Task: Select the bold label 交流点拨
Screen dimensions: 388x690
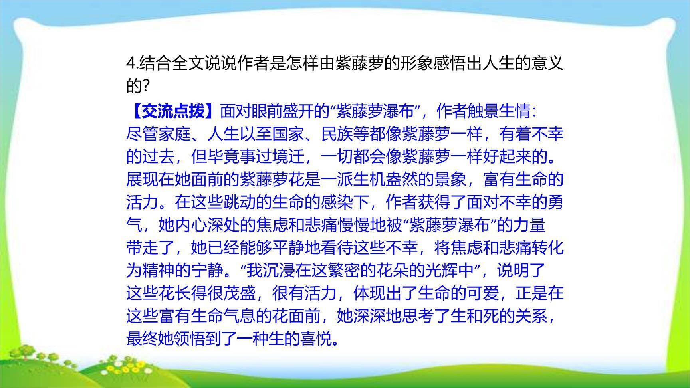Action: (173, 111)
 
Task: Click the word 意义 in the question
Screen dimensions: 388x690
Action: (547, 63)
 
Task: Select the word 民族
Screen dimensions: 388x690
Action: (337, 134)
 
